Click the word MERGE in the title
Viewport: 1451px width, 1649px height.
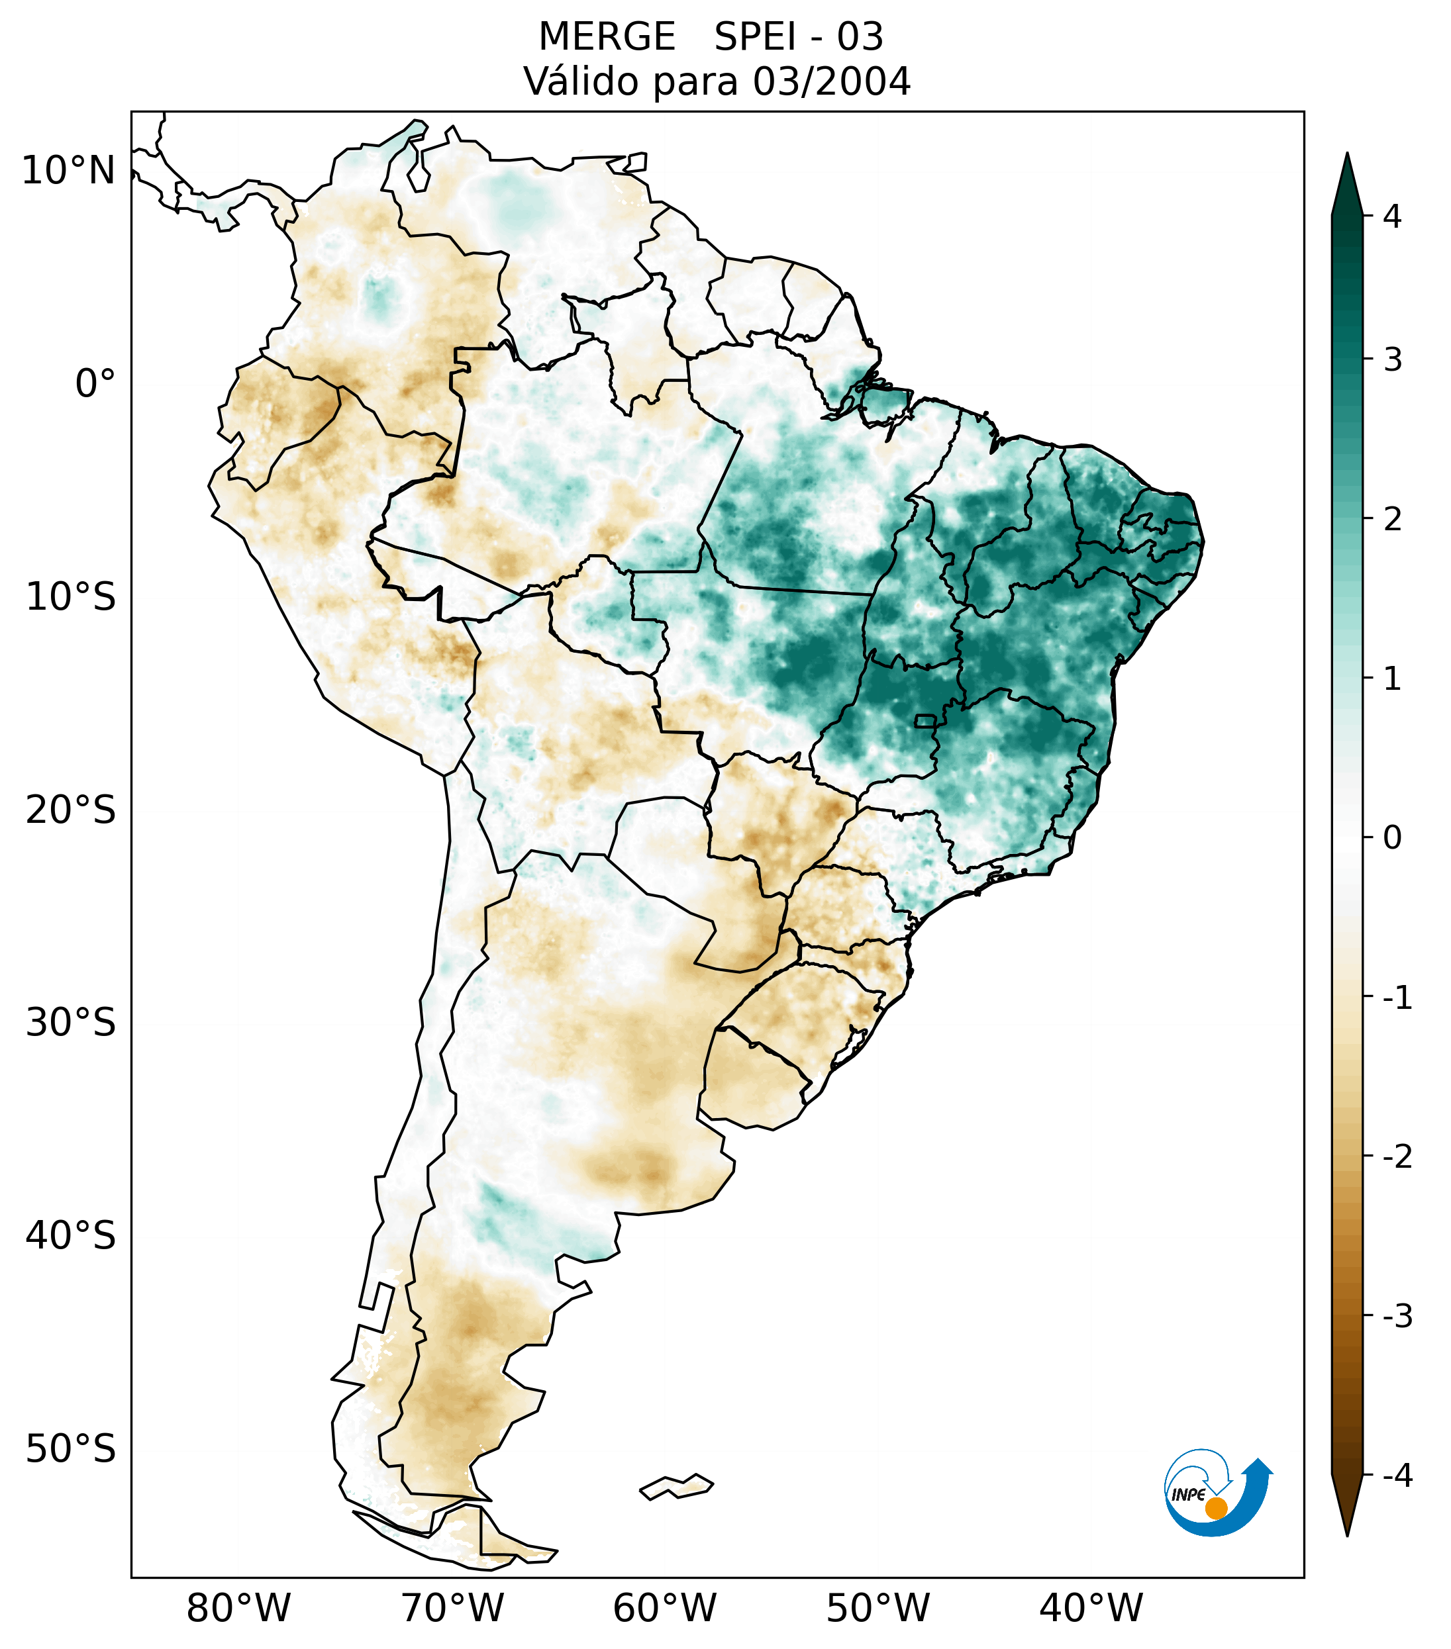606,37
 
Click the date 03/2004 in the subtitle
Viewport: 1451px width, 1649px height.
831,81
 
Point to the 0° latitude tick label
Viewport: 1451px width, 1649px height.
95,384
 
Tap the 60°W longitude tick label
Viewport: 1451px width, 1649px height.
664,1608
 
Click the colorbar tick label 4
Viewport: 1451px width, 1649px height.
1392,216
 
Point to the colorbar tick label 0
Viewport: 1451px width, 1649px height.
1392,838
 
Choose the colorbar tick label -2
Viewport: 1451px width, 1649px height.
1397,1157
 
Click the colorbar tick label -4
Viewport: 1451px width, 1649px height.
1397,1476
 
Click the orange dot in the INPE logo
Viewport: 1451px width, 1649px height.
1215,1508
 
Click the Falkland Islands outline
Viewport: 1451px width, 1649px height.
676,1486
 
